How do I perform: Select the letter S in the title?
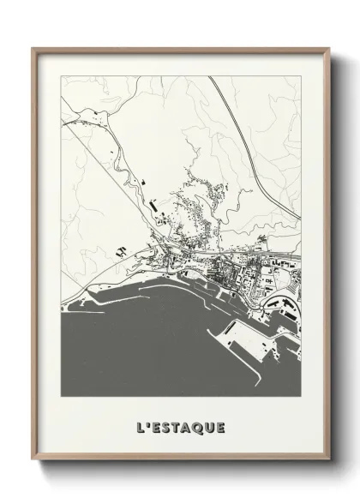tap(169, 426)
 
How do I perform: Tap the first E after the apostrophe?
tap(158, 426)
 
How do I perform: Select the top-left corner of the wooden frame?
tap(33, 49)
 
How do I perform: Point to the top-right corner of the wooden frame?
tap(327, 49)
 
